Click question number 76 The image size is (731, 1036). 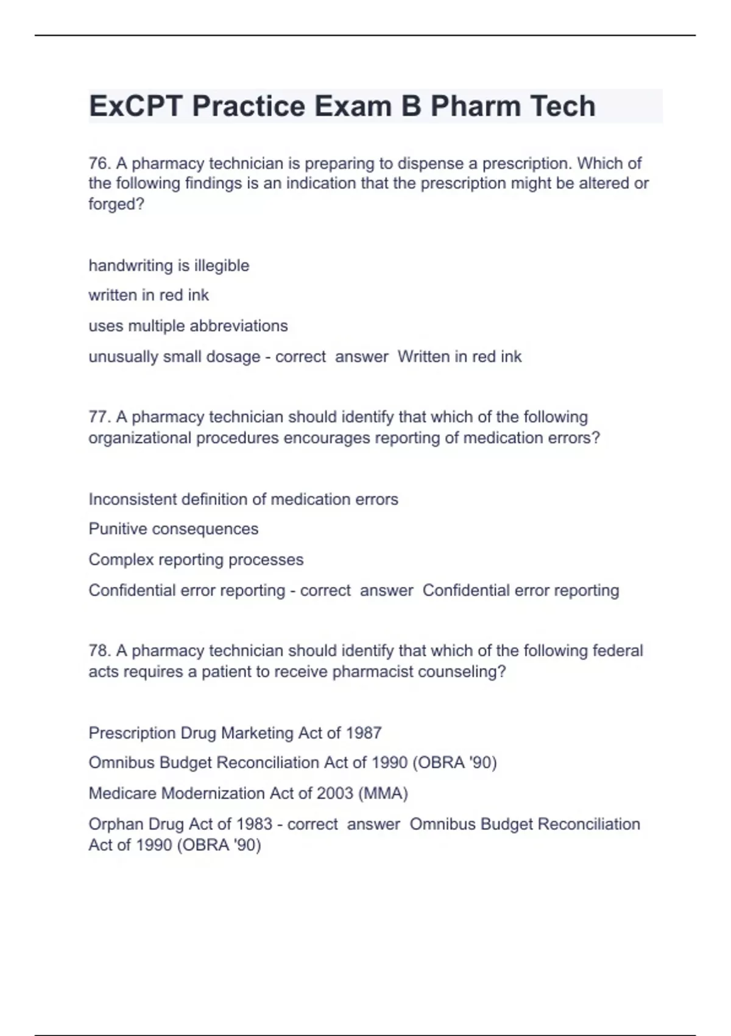click(99, 163)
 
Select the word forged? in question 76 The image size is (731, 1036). click(116, 204)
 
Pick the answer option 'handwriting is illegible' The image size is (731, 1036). click(169, 266)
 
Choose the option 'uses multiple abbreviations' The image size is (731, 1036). click(188, 326)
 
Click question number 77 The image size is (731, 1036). click(99, 417)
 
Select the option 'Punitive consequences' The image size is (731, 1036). click(173, 529)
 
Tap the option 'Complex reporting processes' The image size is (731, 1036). click(196, 559)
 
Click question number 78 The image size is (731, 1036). click(99, 651)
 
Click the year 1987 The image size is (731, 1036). click(364, 733)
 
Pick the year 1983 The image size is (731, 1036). click(254, 824)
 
